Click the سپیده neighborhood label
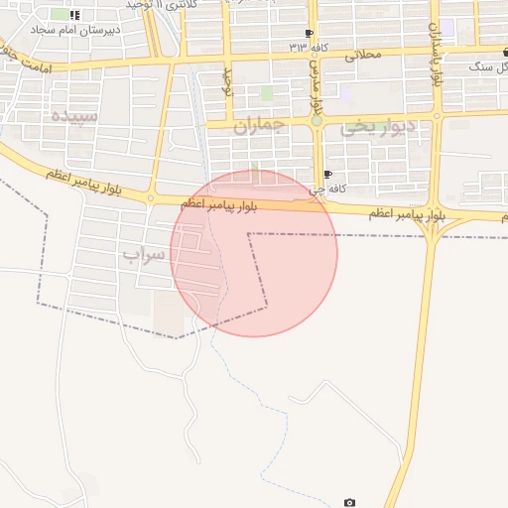click(x=74, y=115)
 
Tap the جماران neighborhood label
click(x=259, y=127)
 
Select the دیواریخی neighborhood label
click(x=373, y=127)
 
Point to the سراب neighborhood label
click(x=145, y=254)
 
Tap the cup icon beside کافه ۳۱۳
click(x=310, y=33)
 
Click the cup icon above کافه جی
click(x=328, y=175)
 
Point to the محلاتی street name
click(x=362, y=56)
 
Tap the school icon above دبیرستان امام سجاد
click(x=75, y=15)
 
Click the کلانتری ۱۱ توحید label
click(x=164, y=5)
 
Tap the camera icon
click(x=349, y=503)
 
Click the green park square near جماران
click(x=266, y=93)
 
